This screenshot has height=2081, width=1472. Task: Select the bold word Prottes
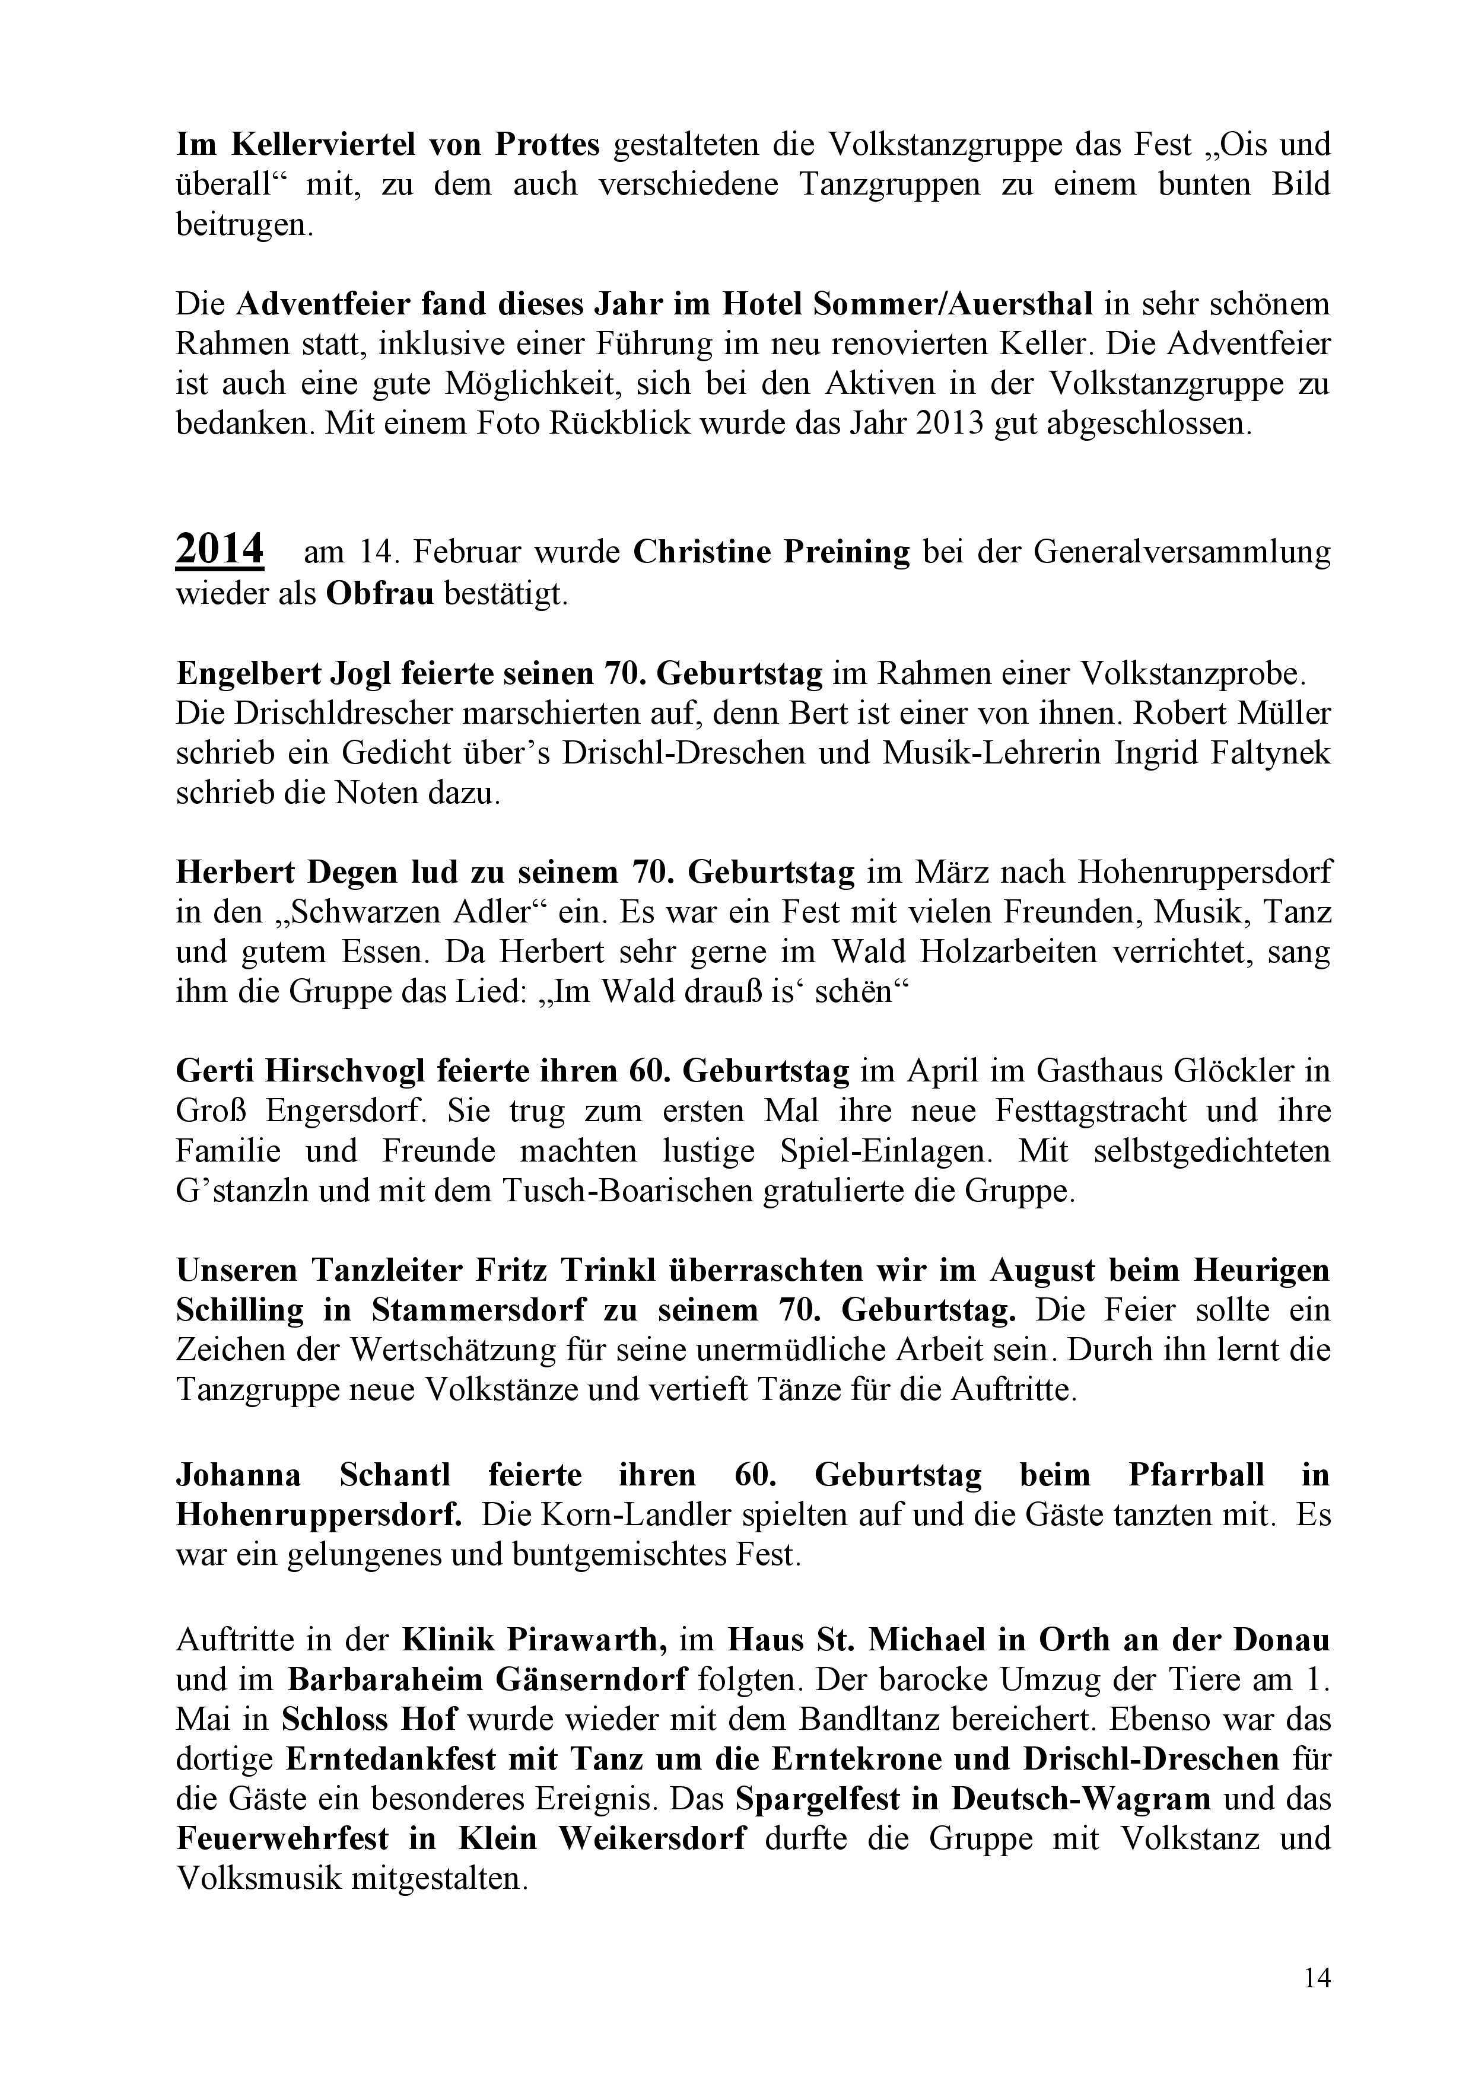[x=548, y=144]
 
